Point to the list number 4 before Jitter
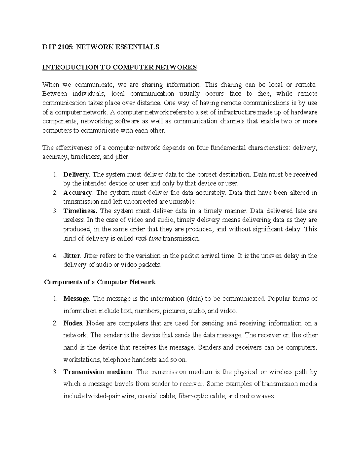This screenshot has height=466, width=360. click(x=54, y=256)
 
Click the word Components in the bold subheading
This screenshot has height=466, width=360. click(x=62, y=282)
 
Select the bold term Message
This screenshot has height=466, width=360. click(x=76, y=299)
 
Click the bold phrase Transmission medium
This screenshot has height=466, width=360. click(x=98, y=372)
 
